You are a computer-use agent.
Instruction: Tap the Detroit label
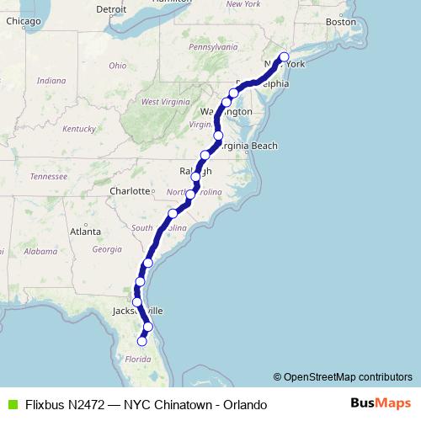click(111, 10)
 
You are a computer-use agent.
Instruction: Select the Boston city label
click(340, 22)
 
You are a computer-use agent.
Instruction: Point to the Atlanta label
click(86, 231)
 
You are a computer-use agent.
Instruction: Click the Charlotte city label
click(129, 191)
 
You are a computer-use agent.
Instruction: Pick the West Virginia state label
click(162, 102)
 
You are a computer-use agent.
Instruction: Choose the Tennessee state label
click(48, 176)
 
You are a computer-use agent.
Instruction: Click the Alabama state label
click(36, 262)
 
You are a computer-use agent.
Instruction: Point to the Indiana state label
click(51, 80)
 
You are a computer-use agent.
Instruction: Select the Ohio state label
click(117, 65)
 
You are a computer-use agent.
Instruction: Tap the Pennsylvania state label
click(213, 47)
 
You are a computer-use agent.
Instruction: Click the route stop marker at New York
click(284, 57)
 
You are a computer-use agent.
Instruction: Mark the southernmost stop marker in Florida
click(141, 341)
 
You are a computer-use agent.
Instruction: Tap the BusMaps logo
click(381, 404)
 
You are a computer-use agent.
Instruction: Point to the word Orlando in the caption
click(243, 405)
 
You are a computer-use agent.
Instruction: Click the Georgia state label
click(107, 249)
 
